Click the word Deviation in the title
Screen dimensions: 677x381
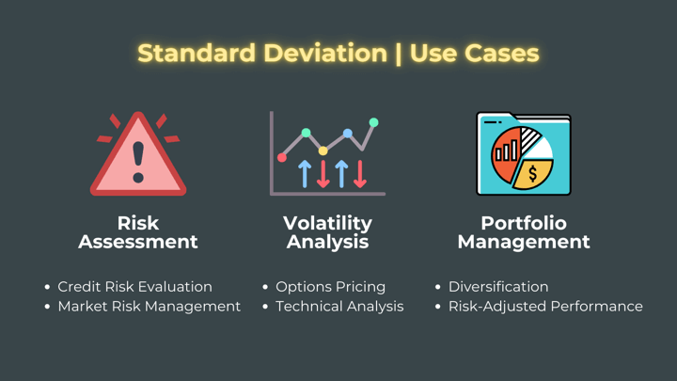[325, 53]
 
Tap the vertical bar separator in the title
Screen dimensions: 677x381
[398, 54]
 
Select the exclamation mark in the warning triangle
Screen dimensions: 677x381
[138, 163]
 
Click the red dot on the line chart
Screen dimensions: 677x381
[282, 158]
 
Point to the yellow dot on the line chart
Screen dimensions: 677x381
[323, 151]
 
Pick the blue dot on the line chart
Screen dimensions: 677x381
[348, 133]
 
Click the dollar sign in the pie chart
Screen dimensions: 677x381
[532, 174]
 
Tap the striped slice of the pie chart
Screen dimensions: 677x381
[528, 139]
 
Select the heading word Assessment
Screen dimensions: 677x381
[138, 242]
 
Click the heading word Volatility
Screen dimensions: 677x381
[328, 223]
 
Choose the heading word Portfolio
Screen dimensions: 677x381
[524, 223]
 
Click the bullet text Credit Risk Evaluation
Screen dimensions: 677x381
[135, 287]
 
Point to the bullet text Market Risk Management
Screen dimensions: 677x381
[150, 307]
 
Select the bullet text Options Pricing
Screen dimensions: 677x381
[331, 287]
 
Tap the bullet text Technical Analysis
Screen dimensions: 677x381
[339, 307]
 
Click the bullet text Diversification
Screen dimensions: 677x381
[498, 287]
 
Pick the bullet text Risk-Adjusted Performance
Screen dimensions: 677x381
[545, 307]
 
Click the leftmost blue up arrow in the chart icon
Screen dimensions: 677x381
[305, 174]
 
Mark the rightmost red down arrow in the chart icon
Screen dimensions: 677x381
[359, 174]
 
